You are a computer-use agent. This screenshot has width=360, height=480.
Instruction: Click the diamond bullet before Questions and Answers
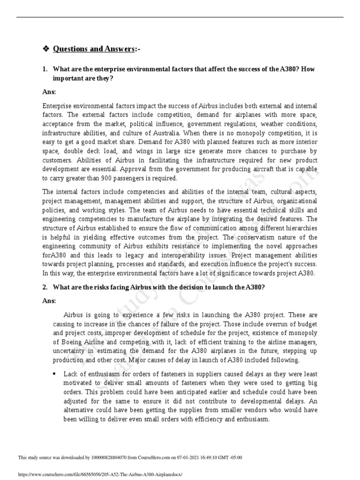click(x=45, y=49)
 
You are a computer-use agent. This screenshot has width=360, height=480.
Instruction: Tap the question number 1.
click(x=45, y=69)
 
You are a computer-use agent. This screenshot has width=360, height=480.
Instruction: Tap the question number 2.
click(x=45, y=287)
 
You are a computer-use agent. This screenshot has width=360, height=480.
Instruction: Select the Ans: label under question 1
click(x=49, y=92)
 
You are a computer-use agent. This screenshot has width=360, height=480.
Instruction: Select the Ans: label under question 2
click(x=49, y=300)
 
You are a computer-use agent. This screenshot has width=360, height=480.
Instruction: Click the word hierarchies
click(x=300, y=228)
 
